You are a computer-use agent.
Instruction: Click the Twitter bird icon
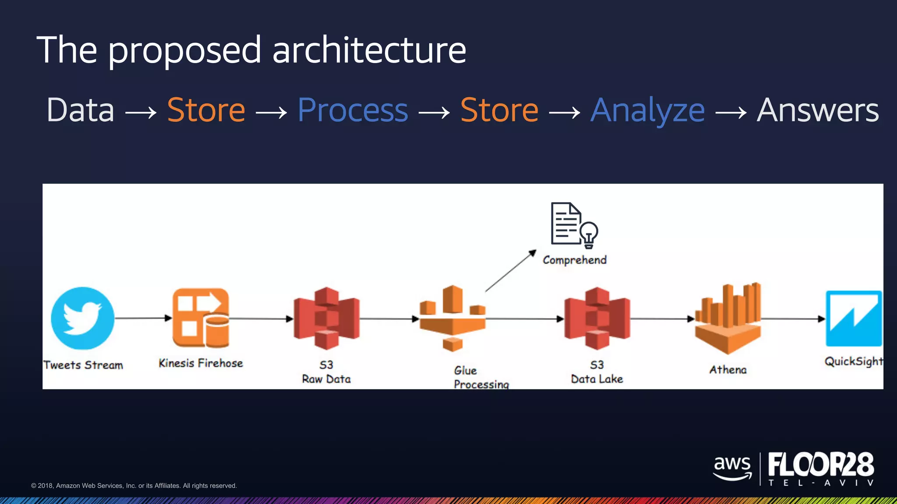82,318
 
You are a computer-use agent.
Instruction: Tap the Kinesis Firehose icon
201,318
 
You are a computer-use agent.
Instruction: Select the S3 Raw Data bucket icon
326,318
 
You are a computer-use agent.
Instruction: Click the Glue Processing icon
453,318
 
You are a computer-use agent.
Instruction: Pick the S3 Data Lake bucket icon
597,318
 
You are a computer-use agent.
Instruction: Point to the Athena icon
728,318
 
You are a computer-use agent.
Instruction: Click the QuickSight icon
853,318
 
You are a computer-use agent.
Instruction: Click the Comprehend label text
575,260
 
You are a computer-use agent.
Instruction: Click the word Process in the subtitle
353,110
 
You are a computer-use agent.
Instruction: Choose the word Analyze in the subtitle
647,110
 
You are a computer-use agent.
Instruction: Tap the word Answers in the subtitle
817,110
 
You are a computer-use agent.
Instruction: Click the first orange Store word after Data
206,110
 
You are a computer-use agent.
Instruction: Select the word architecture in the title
369,50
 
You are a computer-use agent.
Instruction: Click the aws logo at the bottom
732,467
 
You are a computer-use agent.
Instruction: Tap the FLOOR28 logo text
821,465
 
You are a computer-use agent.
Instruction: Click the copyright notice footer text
134,486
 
